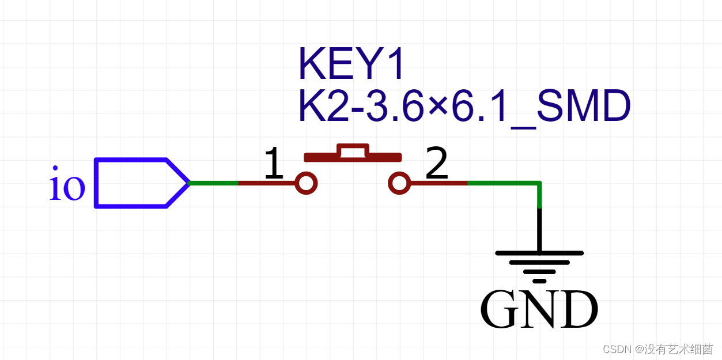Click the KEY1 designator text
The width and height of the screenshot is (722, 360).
[351, 64]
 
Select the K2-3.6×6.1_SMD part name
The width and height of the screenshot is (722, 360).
[464, 106]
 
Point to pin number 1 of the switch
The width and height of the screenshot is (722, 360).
[274, 164]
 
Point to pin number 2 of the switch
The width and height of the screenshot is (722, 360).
[436, 164]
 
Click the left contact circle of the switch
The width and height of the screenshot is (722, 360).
[306, 183]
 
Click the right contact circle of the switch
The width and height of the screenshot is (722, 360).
[399, 183]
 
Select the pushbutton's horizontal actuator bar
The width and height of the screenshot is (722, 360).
[352, 157]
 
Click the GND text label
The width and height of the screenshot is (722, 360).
[539, 310]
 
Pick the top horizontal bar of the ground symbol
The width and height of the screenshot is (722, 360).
[539, 252]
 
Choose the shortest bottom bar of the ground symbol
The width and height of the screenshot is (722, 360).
[539, 281]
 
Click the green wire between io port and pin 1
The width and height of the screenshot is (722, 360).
[213, 183]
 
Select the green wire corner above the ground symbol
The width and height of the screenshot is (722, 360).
[539, 184]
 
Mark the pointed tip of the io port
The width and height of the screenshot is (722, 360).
[188, 183]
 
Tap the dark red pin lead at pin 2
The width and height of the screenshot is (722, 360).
[438, 183]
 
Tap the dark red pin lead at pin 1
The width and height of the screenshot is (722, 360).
[266, 183]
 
